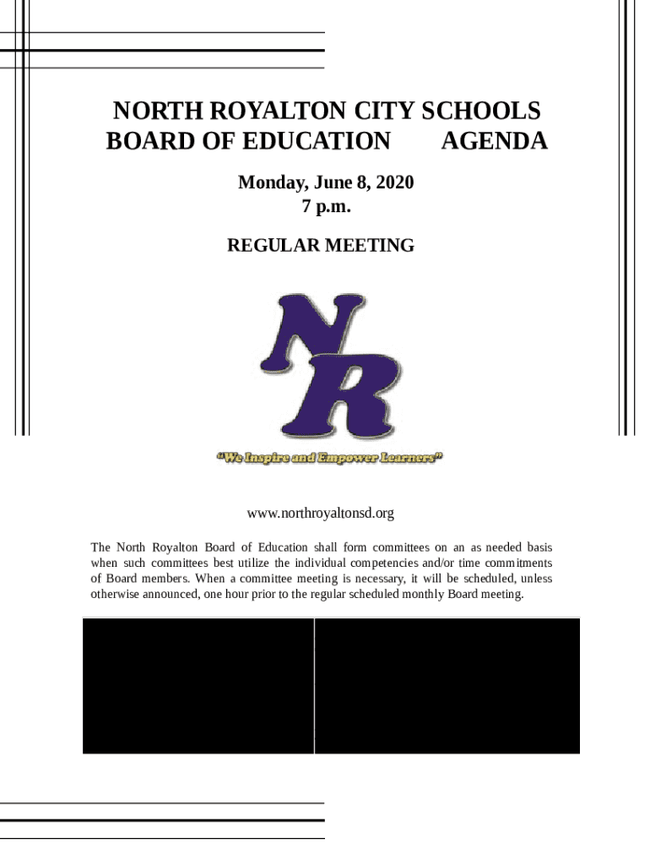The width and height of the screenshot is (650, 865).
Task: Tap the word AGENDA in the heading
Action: tap(494, 141)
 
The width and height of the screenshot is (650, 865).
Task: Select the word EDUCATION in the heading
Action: tap(316, 141)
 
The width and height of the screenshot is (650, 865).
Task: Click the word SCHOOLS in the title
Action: tap(482, 112)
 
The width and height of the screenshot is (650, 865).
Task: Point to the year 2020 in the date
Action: tap(393, 182)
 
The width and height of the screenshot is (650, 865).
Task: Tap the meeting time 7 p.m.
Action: tap(326, 205)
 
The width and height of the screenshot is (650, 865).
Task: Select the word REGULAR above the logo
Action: tap(268, 246)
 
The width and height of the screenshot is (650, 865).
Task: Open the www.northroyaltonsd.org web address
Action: tap(320, 514)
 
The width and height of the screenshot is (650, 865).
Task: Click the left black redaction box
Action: tap(198, 685)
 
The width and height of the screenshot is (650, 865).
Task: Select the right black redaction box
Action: tap(447, 685)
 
